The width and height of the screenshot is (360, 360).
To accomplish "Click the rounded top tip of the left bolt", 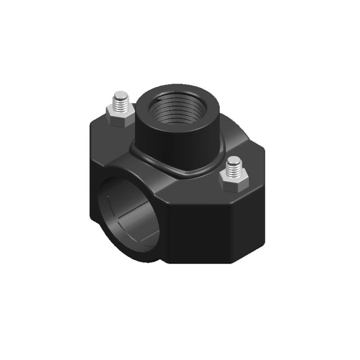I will [x=120, y=95].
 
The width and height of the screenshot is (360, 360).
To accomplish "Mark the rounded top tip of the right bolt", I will [x=233, y=159].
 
